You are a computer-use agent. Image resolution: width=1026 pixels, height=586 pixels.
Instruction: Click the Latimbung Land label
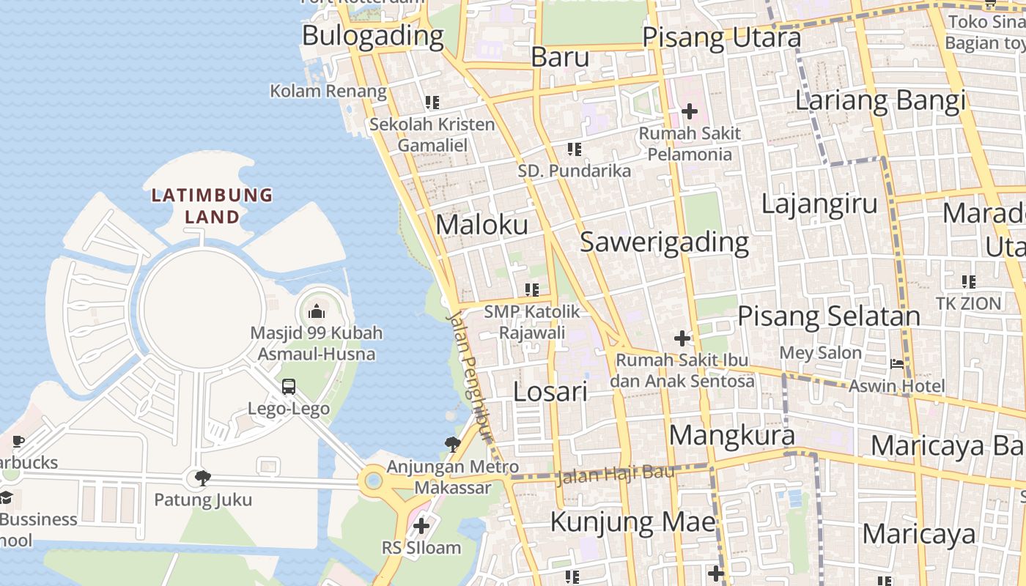point(212,206)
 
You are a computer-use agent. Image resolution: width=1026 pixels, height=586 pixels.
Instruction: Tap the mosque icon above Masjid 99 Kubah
point(317,311)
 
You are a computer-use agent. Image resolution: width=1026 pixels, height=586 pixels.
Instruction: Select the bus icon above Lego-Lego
point(289,387)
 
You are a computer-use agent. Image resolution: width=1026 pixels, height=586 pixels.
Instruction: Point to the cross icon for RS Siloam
point(421,526)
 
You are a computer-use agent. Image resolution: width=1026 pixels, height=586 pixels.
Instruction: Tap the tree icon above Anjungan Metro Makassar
point(453,443)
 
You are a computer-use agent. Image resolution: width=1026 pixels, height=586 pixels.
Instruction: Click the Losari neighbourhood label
point(550,392)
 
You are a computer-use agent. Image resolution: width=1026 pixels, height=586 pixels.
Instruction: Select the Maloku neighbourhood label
point(481,225)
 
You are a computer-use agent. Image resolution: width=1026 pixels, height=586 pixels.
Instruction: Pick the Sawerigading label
point(665,242)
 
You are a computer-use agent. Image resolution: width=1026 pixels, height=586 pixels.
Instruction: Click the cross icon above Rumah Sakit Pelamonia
point(689,112)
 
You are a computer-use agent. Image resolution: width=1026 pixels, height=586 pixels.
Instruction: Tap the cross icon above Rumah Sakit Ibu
point(682,338)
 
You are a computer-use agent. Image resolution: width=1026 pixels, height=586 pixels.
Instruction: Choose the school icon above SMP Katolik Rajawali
point(532,290)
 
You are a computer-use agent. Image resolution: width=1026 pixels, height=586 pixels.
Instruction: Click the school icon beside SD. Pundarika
point(575,149)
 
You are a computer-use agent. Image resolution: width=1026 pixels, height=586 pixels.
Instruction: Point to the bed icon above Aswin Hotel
point(897,364)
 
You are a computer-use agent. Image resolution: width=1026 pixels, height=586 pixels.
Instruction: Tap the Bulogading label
point(372,35)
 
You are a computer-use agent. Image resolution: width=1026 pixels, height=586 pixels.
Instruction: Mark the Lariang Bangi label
point(880,100)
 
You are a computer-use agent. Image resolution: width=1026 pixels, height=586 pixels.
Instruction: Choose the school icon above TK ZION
point(969,281)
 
